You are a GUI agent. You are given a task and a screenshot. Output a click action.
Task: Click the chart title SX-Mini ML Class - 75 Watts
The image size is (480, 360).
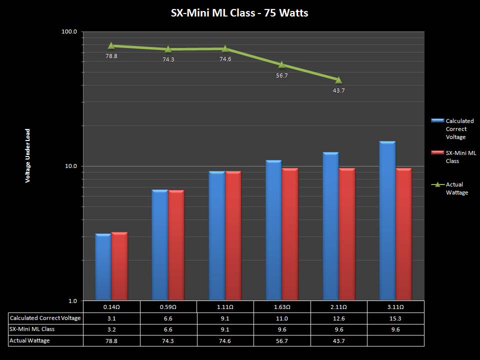tap(239, 13)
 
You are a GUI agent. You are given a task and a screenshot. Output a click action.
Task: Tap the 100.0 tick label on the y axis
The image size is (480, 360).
tap(69, 31)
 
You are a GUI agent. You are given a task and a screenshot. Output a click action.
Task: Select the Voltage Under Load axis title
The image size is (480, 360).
tap(28, 155)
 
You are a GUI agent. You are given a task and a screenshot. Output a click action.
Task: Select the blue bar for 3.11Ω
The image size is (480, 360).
tap(387, 220)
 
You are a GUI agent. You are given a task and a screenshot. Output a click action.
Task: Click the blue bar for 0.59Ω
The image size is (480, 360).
tap(160, 245)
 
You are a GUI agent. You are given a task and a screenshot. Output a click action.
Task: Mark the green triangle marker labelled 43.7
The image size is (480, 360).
tap(338, 80)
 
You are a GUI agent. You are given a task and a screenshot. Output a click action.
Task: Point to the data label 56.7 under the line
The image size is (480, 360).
tap(282, 75)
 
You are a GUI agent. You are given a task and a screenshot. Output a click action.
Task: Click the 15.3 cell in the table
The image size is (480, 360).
tap(395, 318)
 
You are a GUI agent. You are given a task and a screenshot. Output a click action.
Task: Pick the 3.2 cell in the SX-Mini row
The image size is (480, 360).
tap(111, 329)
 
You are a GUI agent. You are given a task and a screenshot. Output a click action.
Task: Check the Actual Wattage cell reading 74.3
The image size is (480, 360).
tap(168, 340)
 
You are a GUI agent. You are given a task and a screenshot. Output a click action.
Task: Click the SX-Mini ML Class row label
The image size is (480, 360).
tap(32, 329)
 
